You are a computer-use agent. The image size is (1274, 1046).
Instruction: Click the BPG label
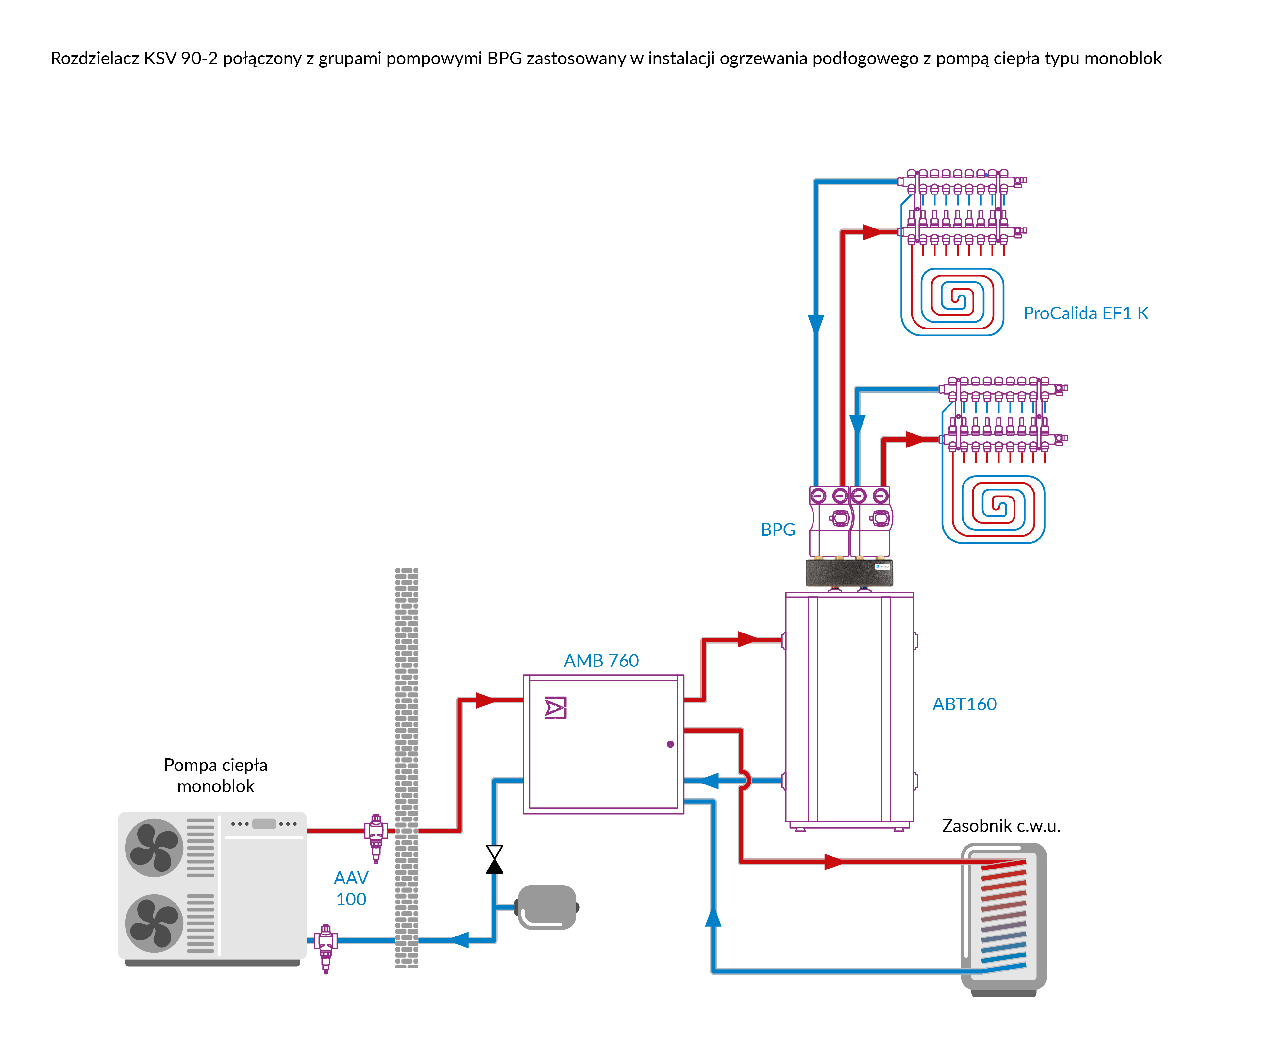tap(777, 530)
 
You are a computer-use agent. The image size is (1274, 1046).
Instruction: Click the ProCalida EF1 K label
tap(1085, 313)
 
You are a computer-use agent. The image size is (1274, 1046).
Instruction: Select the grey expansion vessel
tap(547, 907)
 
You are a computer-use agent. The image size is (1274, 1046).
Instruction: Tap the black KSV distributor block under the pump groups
tap(849, 572)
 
